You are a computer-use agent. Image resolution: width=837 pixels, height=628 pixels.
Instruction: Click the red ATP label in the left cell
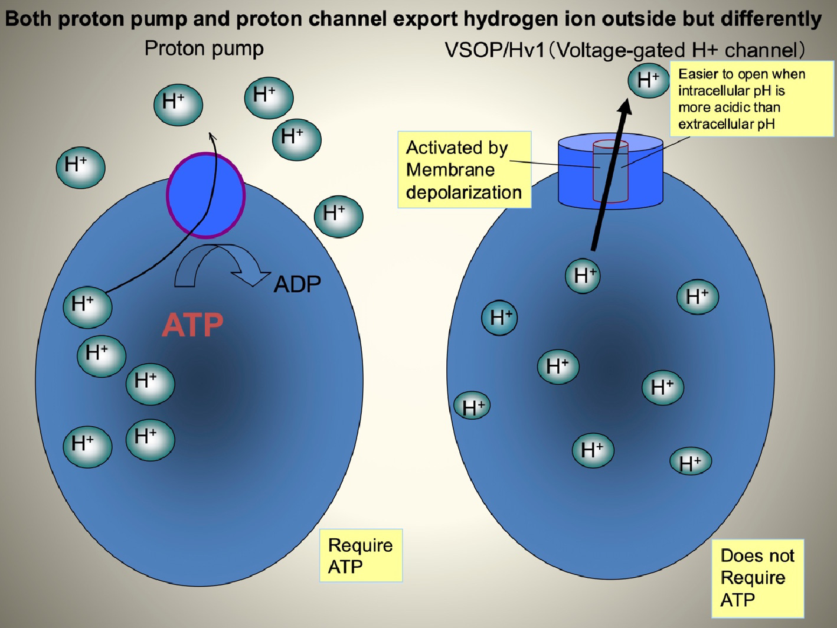pyautogui.click(x=192, y=325)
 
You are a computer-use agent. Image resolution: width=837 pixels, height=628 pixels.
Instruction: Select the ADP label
pyautogui.click(x=297, y=284)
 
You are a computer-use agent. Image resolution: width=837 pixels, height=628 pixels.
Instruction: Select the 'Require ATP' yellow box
pyautogui.click(x=361, y=555)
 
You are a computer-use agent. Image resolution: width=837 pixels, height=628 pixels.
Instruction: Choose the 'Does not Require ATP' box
pyautogui.click(x=757, y=578)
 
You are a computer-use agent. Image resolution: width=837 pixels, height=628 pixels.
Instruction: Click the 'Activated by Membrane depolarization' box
pyautogui.click(x=464, y=170)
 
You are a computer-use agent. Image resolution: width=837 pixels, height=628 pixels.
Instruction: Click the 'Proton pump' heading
pyautogui.click(x=204, y=48)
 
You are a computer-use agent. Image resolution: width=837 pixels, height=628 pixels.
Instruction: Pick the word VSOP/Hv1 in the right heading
pyautogui.click(x=495, y=51)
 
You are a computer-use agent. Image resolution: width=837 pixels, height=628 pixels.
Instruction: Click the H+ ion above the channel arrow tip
pyautogui.click(x=648, y=80)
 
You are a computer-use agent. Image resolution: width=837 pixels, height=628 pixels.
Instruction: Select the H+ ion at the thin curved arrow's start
pyautogui.click(x=87, y=306)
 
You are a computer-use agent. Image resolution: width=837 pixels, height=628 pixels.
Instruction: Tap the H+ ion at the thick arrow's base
pyautogui.click(x=583, y=276)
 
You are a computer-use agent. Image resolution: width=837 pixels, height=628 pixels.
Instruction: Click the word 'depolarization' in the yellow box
pyautogui.click(x=463, y=192)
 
